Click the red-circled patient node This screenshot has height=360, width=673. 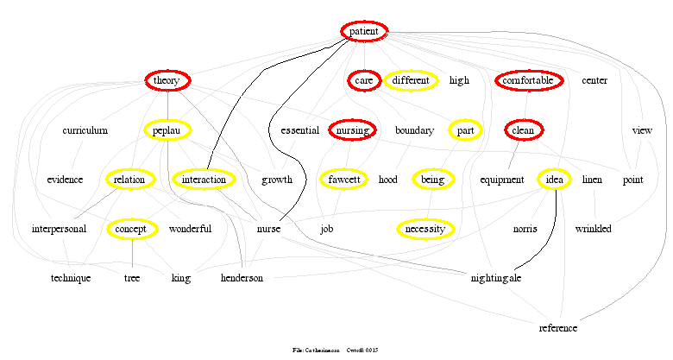pyautogui.click(x=364, y=31)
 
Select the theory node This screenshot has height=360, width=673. pyautogui.click(x=167, y=80)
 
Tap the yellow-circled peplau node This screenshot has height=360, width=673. pyautogui.click(x=167, y=130)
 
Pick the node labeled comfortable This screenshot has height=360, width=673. pyautogui.click(x=529, y=80)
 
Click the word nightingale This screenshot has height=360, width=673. pyautogui.click(x=496, y=278)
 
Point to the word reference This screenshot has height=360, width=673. pyautogui.click(x=558, y=328)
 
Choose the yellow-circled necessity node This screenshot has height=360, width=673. pyautogui.click(x=425, y=229)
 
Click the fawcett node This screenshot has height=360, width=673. pyautogui.click(x=344, y=180)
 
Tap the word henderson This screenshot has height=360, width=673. pyautogui.click(x=242, y=278)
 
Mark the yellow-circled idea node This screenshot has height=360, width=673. pyautogui.click(x=555, y=180)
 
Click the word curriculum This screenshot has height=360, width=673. pyautogui.click(x=85, y=130)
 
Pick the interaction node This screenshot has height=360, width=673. pyautogui.click(x=204, y=180)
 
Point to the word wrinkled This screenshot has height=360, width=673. pyautogui.click(x=593, y=229)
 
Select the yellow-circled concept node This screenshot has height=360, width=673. pyautogui.click(x=132, y=229)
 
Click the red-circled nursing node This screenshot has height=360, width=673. pyautogui.click(x=352, y=130)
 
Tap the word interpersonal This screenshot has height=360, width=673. pyautogui.click(x=59, y=229)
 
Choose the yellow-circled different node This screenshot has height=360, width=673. pyautogui.click(x=411, y=80)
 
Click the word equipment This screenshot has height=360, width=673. pyautogui.click(x=502, y=180)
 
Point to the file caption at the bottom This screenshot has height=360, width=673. pyautogui.click(x=336, y=350)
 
